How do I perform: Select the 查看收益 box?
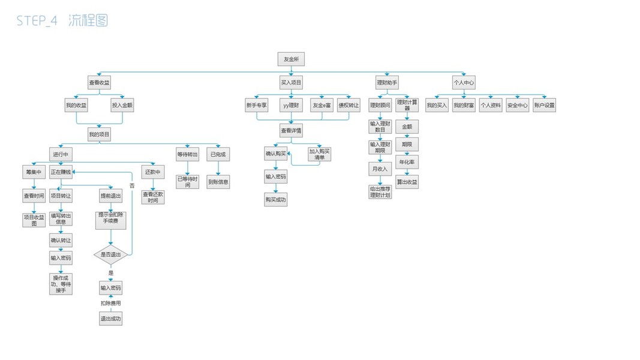click(x=99, y=82)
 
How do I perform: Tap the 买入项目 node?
click(x=291, y=82)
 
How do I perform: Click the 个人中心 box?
click(x=464, y=82)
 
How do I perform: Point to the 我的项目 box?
click(x=99, y=134)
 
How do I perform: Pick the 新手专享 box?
click(x=256, y=106)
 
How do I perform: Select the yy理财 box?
click(x=291, y=106)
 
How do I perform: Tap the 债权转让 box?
click(x=348, y=106)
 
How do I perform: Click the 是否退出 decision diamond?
click(x=110, y=254)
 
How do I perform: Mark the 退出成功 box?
click(x=110, y=319)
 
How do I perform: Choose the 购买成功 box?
click(x=276, y=199)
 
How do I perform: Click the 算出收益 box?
click(x=407, y=181)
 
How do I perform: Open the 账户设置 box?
click(x=544, y=106)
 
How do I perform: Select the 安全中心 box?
click(x=517, y=106)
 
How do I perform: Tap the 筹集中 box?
click(x=34, y=172)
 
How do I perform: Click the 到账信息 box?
click(x=218, y=181)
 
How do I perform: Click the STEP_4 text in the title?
click(x=37, y=21)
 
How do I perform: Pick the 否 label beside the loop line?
click(x=132, y=185)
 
